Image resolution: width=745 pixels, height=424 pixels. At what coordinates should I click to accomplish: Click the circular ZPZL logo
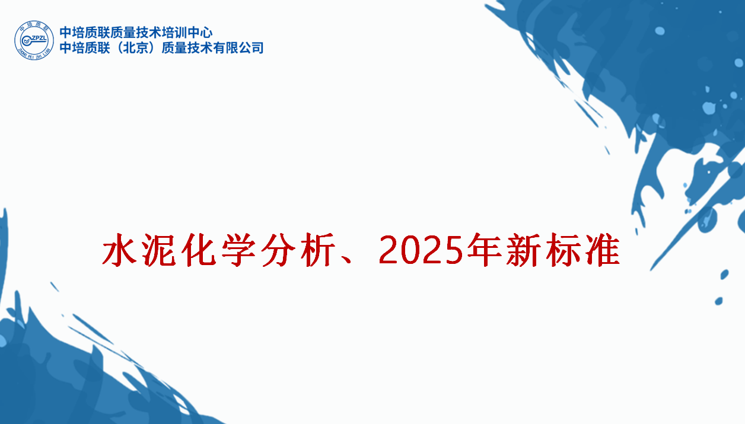pos(34,40)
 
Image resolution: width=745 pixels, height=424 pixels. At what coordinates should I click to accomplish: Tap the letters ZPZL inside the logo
pos(38,38)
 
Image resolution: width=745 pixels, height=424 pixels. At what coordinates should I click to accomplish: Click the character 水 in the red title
pos(119,250)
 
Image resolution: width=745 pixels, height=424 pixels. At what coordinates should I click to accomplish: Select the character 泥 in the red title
pos(159,250)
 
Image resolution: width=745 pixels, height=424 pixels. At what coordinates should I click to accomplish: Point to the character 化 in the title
pos(199,250)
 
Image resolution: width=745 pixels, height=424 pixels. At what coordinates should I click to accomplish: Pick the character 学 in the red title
pos(238,250)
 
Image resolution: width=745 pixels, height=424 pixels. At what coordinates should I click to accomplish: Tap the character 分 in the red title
pos(278,250)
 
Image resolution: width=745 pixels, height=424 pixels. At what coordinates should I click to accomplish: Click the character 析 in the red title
pos(317,250)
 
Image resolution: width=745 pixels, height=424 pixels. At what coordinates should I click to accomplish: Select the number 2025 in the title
pos(421,250)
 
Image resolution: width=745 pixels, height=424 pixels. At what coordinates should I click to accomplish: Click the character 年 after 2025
pos(484,250)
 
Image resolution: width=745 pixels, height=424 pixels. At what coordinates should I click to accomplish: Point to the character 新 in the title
pos(523,250)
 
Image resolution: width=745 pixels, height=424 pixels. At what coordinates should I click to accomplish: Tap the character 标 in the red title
pos(563,250)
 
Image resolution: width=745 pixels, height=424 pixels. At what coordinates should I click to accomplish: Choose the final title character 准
pos(602,250)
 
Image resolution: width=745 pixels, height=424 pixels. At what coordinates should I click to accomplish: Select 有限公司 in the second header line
pos(238,48)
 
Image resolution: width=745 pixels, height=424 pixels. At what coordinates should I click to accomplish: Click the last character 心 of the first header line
pos(206,33)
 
